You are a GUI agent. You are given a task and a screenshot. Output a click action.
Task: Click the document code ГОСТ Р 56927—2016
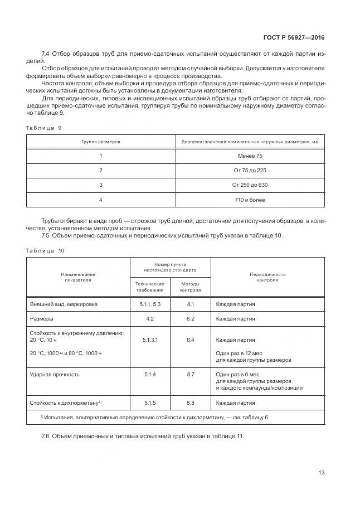click(294, 38)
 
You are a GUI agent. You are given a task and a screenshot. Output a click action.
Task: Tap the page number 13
click(322, 472)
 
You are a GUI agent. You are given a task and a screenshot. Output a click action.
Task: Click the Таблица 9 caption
click(43, 128)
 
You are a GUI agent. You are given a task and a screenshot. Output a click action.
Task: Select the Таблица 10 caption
click(45, 250)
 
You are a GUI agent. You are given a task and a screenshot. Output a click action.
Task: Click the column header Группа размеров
click(101, 142)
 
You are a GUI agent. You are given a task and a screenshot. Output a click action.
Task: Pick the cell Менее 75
click(251, 156)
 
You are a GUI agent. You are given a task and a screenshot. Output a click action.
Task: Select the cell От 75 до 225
click(251, 171)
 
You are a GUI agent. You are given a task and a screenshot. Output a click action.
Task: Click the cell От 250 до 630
click(251, 185)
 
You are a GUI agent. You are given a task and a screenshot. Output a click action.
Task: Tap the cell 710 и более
click(251, 200)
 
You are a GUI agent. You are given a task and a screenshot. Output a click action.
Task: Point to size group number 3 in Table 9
click(101, 185)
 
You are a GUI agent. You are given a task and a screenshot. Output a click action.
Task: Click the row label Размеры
click(42, 319)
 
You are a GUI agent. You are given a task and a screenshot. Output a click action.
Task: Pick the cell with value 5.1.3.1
click(150, 339)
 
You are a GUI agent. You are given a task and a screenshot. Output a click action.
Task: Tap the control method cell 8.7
click(191, 375)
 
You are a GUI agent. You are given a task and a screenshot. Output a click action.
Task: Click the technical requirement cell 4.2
click(150, 319)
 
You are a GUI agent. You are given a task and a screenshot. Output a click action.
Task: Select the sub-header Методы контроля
click(191, 287)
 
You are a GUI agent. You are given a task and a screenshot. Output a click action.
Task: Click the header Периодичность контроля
click(268, 277)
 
